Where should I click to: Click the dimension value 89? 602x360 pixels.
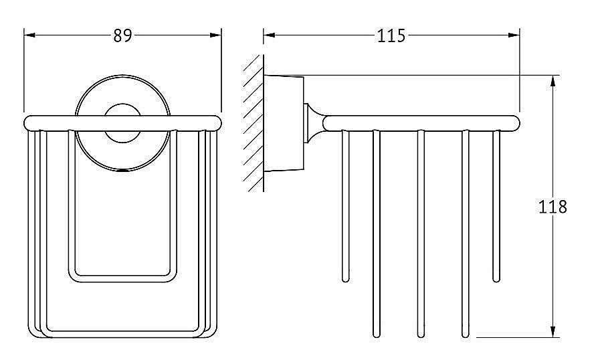pyautogui.click(x=122, y=35)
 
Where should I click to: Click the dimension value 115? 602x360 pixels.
pyautogui.click(x=391, y=35)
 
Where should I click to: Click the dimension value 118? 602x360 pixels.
pyautogui.click(x=553, y=207)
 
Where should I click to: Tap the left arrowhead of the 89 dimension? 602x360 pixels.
pyautogui.click(x=29, y=35)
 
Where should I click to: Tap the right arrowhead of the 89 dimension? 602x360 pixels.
pyautogui.click(x=216, y=35)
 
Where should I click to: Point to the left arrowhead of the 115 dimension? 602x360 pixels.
pyautogui.click(x=269, y=35)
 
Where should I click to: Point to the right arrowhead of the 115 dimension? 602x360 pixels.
pyautogui.click(x=514, y=35)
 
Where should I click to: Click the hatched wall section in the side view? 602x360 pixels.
pyautogui.click(x=253, y=123)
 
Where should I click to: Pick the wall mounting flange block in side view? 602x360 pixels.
pyautogui.click(x=284, y=123)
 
